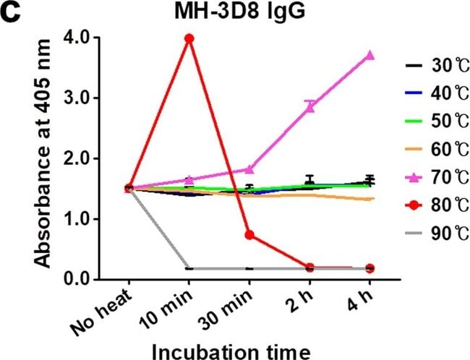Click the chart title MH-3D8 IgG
pyautogui.click(x=240, y=13)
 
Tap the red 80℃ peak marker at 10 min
pyautogui.click(x=189, y=38)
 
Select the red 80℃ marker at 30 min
pyautogui.click(x=249, y=235)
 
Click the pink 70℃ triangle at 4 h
pyautogui.click(x=370, y=55)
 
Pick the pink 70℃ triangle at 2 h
pyautogui.click(x=310, y=107)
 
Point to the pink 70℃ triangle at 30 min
pyautogui.click(x=249, y=169)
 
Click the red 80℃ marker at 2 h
pyautogui.click(x=310, y=267)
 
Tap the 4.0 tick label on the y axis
pyautogui.click(x=77, y=38)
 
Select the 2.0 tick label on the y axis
pyautogui.click(x=77, y=158)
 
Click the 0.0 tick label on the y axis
pyautogui.click(x=77, y=279)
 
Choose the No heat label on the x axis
pyautogui.click(x=101, y=312)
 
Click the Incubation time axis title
pyautogui.click(x=231, y=351)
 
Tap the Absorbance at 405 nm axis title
pyautogui.click(x=42, y=154)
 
